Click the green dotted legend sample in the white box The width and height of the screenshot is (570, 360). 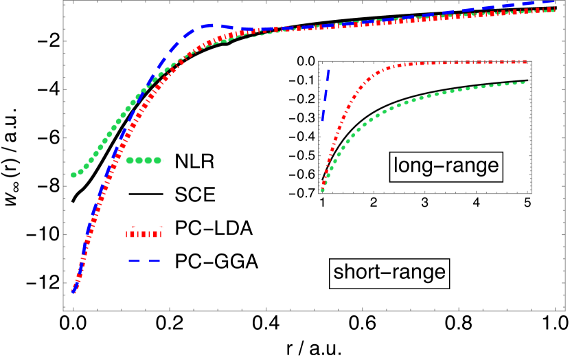144,161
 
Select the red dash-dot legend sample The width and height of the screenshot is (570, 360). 146,234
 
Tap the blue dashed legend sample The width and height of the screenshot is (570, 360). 144,260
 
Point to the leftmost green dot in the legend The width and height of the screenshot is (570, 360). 130,161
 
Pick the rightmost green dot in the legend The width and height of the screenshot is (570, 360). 157,161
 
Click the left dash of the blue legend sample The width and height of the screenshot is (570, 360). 134,260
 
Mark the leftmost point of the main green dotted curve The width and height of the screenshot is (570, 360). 73,175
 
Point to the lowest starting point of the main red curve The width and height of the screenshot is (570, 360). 73,291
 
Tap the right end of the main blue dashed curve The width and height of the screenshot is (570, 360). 554,2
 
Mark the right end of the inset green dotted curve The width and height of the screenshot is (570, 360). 525,82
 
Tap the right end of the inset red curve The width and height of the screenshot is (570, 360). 527,62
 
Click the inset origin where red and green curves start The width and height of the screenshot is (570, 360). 322,190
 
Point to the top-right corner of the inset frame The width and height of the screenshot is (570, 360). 531,62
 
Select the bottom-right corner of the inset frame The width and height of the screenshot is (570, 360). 531,193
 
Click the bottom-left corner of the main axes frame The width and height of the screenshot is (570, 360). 63,311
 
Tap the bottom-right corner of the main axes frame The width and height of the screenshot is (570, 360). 565,311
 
